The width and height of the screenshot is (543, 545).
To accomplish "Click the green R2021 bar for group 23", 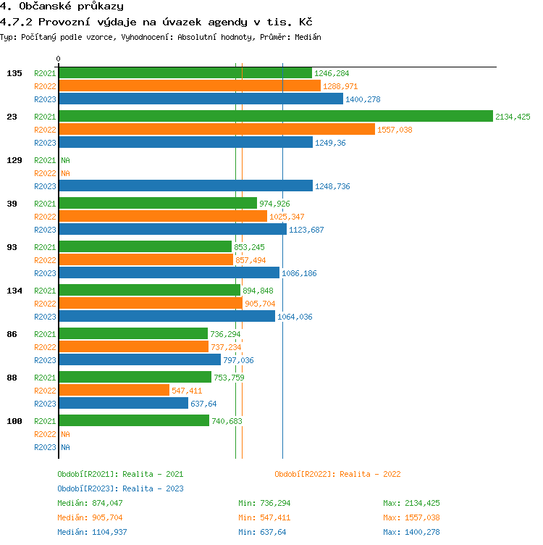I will [x=275, y=116].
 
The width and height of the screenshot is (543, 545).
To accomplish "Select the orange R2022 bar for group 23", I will [x=216, y=129].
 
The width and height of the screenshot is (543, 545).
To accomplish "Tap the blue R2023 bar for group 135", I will [x=201, y=99].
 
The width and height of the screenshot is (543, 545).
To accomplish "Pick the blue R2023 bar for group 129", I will [x=185, y=186].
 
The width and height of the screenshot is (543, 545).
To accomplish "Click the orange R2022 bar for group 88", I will [x=114, y=390].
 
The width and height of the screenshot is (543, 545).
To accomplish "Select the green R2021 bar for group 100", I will [x=134, y=420].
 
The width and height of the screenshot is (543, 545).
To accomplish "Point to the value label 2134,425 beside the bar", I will [x=513, y=117].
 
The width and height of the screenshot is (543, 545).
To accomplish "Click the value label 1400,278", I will [x=363, y=99].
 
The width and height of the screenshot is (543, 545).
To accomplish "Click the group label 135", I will [x=14, y=73].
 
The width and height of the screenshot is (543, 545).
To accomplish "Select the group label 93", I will [x=12, y=247].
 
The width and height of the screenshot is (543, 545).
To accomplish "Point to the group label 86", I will [x=12, y=334].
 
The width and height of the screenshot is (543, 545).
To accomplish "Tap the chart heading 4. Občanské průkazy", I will [x=62, y=7].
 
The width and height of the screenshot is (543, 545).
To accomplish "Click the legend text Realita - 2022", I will [x=370, y=474].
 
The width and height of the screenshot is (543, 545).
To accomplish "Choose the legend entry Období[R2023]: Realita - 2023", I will [x=120, y=488].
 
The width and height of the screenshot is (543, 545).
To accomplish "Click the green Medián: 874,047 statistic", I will [x=90, y=503].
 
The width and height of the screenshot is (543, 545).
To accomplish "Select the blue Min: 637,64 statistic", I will [x=262, y=532].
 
